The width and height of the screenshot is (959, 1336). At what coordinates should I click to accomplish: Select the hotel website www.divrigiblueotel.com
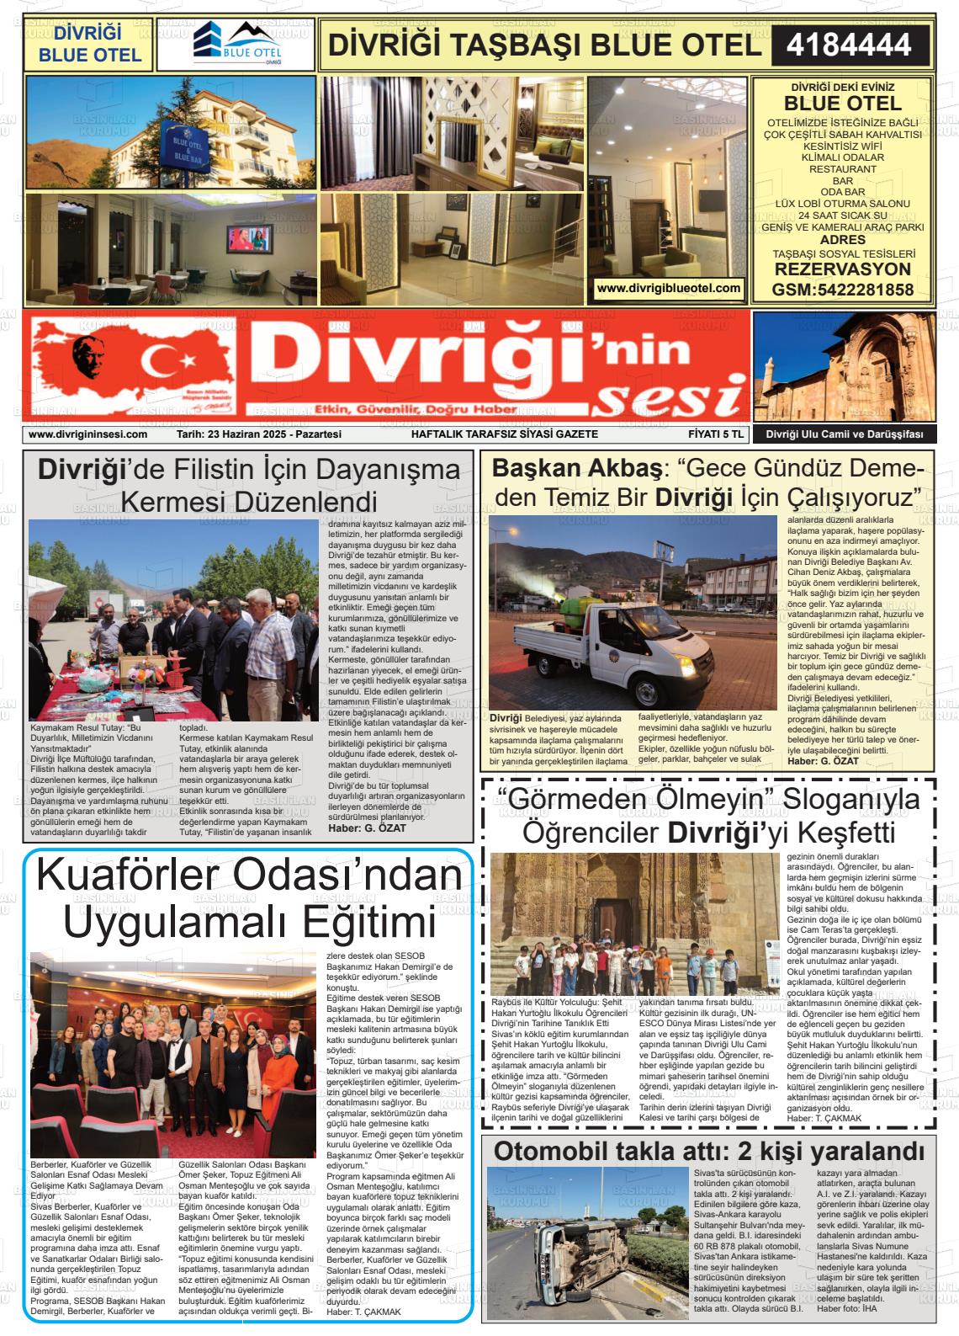click(x=669, y=288)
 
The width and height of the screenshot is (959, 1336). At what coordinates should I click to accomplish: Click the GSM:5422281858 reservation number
click(x=842, y=290)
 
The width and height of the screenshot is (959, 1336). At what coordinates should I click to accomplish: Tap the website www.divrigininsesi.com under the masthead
click(x=87, y=434)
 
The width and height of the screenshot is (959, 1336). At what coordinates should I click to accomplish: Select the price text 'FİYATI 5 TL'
click(x=712, y=434)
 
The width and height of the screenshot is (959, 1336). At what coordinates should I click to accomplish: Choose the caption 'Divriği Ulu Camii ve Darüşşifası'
click(x=844, y=434)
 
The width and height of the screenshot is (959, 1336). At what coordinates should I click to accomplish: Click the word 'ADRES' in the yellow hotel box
click(x=842, y=240)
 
